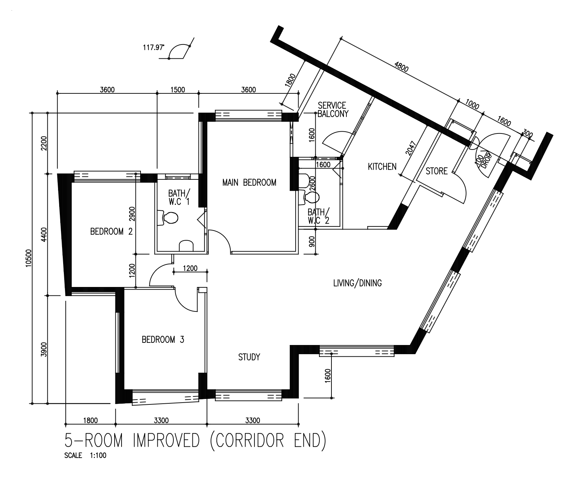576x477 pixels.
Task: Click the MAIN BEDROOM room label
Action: tap(249, 182)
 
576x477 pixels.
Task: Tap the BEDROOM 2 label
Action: tap(111, 232)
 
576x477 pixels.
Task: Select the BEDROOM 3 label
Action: tap(163, 340)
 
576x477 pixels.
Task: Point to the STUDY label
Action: tap(249, 357)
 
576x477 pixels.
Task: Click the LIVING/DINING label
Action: tap(357, 283)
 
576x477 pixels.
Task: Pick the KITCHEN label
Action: tap(382, 166)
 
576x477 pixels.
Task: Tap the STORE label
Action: tap(437, 171)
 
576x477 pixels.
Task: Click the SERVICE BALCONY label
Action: tap(333, 109)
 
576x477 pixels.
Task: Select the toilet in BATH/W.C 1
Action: tap(168, 218)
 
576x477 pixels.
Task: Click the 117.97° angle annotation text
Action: tap(153, 47)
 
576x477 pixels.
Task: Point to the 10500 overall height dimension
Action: tap(28, 258)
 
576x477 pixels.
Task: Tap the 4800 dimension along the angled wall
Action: tap(402, 67)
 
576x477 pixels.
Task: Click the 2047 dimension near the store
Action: tap(411, 148)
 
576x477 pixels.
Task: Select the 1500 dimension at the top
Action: tap(178, 90)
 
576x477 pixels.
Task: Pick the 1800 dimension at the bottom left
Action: tap(91, 420)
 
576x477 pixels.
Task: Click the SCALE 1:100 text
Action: tap(85, 455)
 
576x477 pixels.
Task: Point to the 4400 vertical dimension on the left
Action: tap(44, 234)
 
